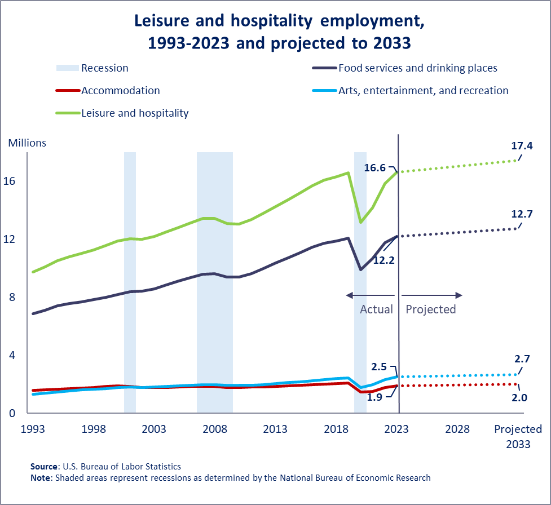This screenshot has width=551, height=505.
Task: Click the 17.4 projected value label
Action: tap(522, 146)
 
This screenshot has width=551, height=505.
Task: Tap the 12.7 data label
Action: tap(522, 214)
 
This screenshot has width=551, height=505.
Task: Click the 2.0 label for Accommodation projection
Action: tap(519, 397)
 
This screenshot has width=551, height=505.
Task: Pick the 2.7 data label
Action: tap(522, 358)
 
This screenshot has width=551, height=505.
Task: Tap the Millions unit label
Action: tap(27, 143)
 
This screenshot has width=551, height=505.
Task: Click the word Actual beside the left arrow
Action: tap(376, 309)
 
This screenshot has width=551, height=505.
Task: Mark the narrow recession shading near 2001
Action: tap(130, 282)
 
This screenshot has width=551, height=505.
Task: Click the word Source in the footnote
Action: tap(44, 467)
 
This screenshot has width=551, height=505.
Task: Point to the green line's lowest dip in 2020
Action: tap(360, 222)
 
